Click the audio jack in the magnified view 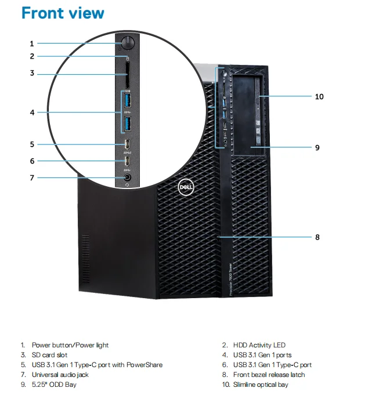coord(127,177)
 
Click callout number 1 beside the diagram coord(32,43)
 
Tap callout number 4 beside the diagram coord(32,113)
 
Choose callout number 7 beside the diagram coord(32,177)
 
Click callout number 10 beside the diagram coord(319,96)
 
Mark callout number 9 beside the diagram coord(317,147)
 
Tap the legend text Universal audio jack coord(60,375)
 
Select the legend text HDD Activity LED coord(259,345)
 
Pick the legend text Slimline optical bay coord(261,385)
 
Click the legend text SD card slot coord(50,355)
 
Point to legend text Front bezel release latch coord(269,375)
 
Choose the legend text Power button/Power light coord(70,345)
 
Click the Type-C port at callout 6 coord(127,161)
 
